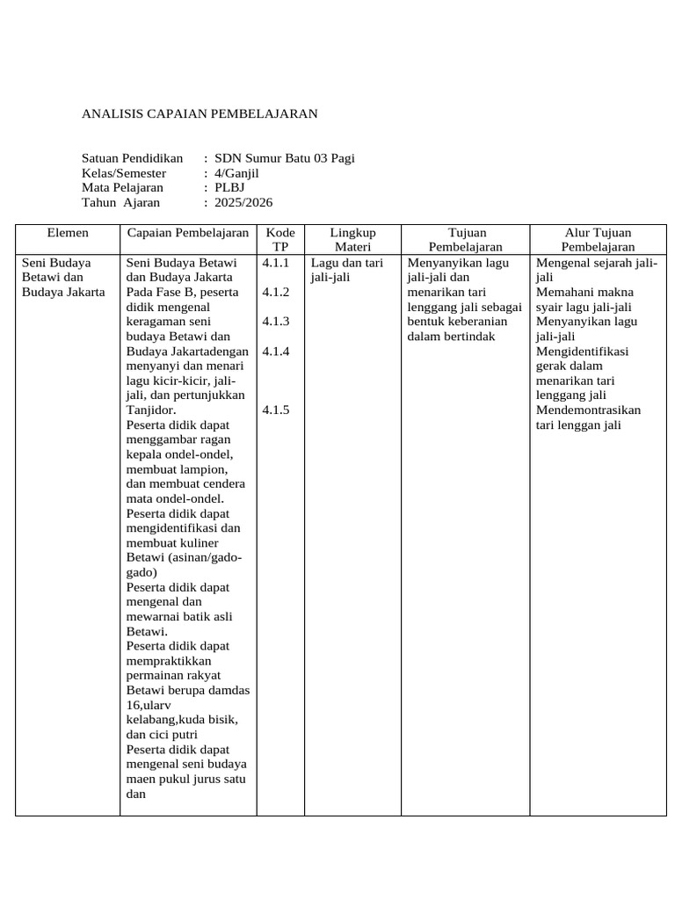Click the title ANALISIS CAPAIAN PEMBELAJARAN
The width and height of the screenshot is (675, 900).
click(x=200, y=113)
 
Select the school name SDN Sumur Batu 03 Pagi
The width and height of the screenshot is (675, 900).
click(x=285, y=158)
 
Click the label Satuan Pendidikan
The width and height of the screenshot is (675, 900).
click(x=132, y=158)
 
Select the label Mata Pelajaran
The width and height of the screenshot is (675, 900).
click(x=122, y=187)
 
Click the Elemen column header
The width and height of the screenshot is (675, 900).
click(x=68, y=233)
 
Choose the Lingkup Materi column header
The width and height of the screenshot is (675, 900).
click(x=352, y=239)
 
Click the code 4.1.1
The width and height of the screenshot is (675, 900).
click(x=276, y=262)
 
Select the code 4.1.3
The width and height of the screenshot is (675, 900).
click(x=276, y=321)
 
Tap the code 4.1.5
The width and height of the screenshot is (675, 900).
click(x=276, y=410)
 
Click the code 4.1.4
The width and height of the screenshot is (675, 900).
click(x=276, y=351)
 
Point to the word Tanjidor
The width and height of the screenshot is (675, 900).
click(x=151, y=410)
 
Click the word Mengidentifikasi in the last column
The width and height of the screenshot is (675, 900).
click(x=576, y=351)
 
